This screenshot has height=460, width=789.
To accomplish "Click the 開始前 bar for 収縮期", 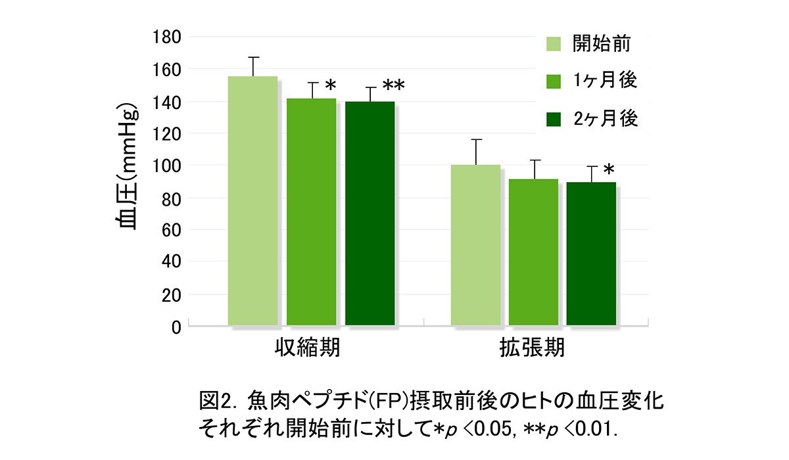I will (x=252, y=200).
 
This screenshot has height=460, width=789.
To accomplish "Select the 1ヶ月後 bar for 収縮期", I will (x=311, y=212).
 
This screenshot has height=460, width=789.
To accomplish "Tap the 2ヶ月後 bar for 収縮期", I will (x=370, y=213).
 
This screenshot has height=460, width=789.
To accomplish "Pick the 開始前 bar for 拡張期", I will (x=475, y=244).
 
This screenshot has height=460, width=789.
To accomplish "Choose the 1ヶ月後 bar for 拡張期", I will (x=533, y=252).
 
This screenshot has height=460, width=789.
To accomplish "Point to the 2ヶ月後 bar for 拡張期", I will (x=591, y=254).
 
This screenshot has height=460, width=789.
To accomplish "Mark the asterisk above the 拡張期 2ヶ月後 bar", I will (x=609, y=167).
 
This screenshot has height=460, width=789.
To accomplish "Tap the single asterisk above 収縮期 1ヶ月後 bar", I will (x=330, y=86).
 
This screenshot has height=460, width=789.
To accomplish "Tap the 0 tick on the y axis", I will (x=175, y=327).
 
